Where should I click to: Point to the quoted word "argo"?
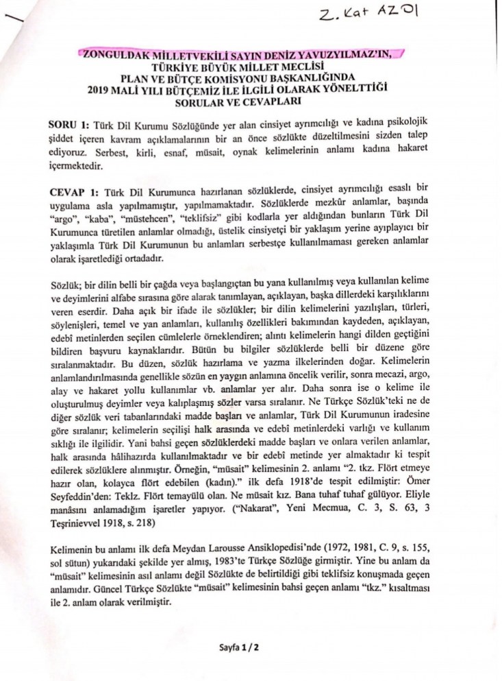65,215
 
